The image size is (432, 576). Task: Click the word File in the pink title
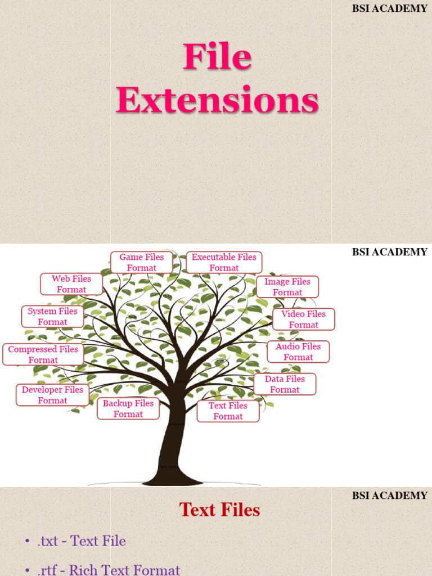(x=217, y=58)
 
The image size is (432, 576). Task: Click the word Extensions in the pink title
(x=217, y=102)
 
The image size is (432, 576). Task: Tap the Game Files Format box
(x=142, y=263)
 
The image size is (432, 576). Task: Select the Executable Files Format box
(x=224, y=263)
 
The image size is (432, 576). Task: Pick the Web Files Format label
(x=71, y=284)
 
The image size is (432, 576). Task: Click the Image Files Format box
(x=287, y=287)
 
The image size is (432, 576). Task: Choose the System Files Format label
(x=53, y=317)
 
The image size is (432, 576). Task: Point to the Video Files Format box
(x=304, y=319)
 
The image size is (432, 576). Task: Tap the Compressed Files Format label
(x=43, y=355)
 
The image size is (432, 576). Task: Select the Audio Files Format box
(x=298, y=352)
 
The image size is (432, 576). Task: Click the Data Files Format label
(x=285, y=384)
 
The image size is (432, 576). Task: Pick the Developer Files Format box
(x=52, y=395)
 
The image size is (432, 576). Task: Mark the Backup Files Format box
(x=128, y=408)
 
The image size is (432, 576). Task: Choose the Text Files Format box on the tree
(x=228, y=411)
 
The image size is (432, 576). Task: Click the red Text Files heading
(x=219, y=510)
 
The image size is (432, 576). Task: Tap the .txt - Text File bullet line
(x=82, y=541)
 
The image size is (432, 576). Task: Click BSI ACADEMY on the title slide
(x=390, y=8)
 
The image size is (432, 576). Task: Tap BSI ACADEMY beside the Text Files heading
(x=390, y=496)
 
